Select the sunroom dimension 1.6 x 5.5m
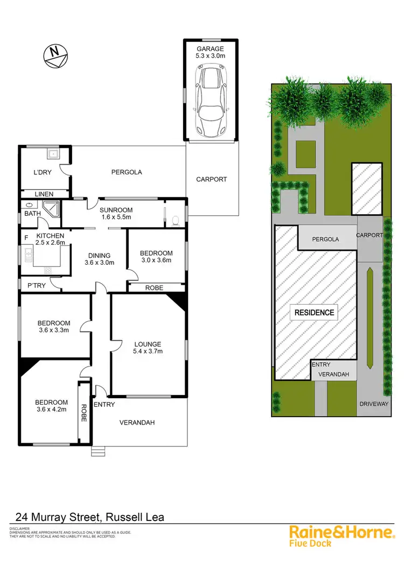click(x=120, y=217)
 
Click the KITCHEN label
click(x=50, y=236)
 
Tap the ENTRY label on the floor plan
click(x=104, y=404)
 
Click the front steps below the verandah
click(x=97, y=450)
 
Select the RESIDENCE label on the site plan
click(x=314, y=312)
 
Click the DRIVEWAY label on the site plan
click(x=374, y=404)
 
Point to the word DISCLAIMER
click(x=20, y=529)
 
